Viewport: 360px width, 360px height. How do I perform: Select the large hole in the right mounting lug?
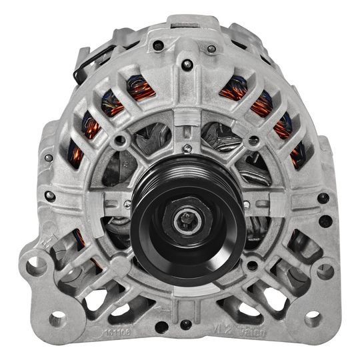click(325, 271)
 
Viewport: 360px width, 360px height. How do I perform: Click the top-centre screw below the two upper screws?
click(188, 65)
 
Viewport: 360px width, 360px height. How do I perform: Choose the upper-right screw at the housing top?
click(211, 48)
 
